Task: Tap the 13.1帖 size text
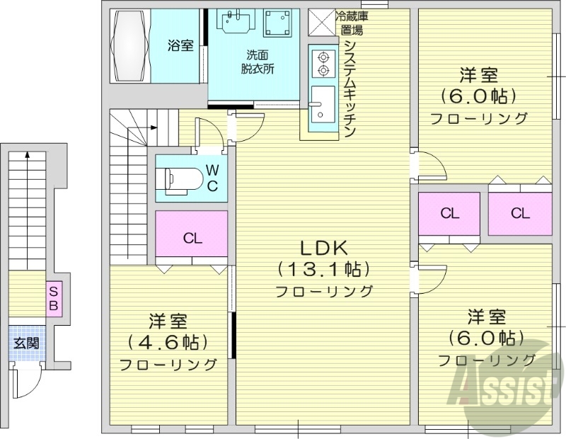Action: coord(323,270)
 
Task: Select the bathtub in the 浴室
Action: coord(129,46)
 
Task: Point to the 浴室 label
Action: coord(180,46)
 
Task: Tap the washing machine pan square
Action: coord(278,25)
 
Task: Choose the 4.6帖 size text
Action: coord(168,343)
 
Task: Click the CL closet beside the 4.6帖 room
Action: coord(192,239)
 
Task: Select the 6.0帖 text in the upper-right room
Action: coord(478,96)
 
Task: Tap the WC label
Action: coord(212,178)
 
